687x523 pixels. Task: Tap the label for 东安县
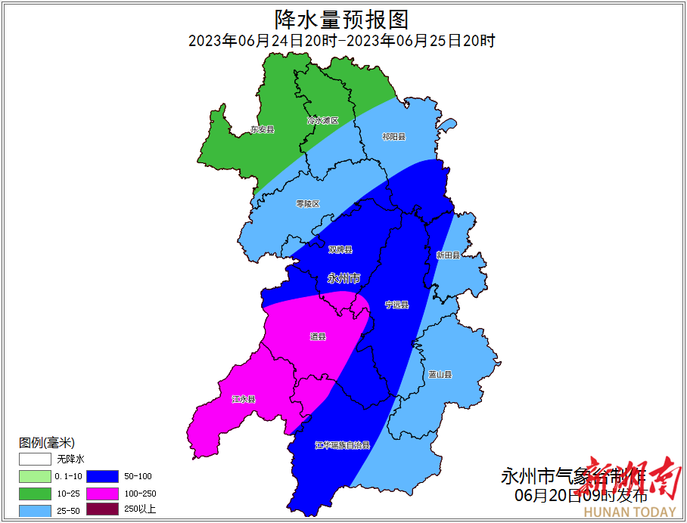(x=263, y=130)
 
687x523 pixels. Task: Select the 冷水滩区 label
(x=322, y=121)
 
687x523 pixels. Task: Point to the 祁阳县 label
(x=393, y=137)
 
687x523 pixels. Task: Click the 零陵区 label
(x=308, y=204)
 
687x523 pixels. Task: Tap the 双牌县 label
(x=340, y=249)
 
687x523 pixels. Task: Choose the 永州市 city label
(x=343, y=278)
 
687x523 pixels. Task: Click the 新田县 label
(x=448, y=255)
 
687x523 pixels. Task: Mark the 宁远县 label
(x=396, y=305)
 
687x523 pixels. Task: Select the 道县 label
(x=318, y=336)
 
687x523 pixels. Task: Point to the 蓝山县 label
(x=440, y=374)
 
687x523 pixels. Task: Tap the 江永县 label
(x=244, y=399)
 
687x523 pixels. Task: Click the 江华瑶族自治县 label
(x=343, y=446)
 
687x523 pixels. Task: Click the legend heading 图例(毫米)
(x=47, y=442)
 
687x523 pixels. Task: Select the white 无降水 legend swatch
(x=35, y=459)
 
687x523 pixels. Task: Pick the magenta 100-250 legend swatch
(x=102, y=493)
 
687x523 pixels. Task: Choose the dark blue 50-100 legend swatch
(x=102, y=476)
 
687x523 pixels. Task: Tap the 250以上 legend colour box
(x=102, y=509)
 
